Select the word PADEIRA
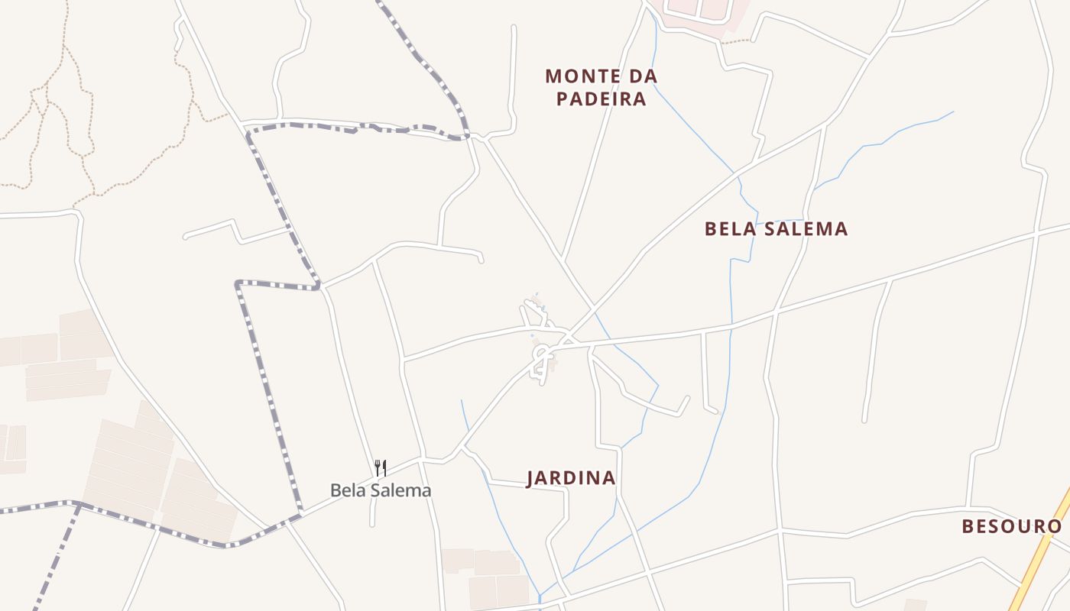click(601, 99)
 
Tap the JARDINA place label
click(571, 478)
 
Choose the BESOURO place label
click(1012, 526)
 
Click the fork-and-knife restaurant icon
click(381, 467)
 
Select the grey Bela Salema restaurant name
click(381, 490)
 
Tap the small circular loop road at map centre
click(542, 357)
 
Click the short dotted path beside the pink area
click(736, 41)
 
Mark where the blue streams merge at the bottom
click(540, 593)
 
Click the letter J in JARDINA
click(531, 478)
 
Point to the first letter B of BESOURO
click(968, 526)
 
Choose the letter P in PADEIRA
click(562, 99)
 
